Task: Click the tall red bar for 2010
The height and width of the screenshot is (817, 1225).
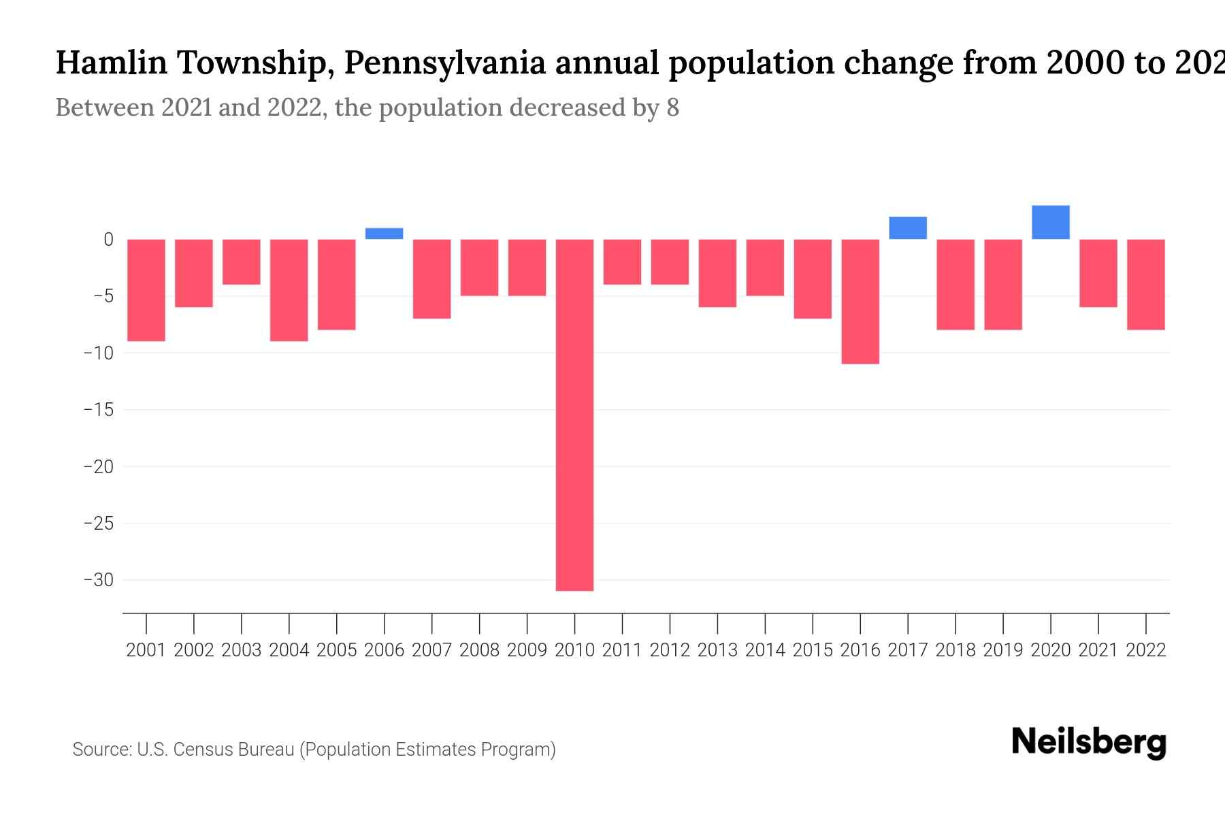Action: [574, 415]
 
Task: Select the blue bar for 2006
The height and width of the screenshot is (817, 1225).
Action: [385, 234]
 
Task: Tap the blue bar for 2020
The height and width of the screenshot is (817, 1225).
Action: [1050, 222]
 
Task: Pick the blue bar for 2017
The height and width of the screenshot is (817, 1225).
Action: [908, 228]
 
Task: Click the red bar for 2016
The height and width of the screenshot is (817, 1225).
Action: [860, 302]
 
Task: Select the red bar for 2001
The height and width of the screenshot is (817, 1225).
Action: [146, 290]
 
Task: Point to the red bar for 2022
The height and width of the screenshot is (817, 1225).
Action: [1145, 285]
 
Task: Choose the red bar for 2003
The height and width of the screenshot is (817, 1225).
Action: [242, 262]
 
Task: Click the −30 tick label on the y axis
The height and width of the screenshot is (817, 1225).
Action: [98, 580]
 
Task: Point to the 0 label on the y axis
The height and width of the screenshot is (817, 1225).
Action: [108, 240]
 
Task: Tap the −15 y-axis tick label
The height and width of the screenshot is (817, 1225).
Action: [98, 410]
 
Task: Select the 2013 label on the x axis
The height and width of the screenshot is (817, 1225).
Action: [717, 650]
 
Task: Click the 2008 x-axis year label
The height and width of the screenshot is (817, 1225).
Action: [479, 650]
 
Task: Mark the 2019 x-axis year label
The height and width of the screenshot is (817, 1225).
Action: [1002, 650]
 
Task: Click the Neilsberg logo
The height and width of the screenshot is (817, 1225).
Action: [1089, 742]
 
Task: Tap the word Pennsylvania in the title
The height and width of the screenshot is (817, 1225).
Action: [444, 63]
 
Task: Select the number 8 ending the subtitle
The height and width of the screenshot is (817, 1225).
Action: [672, 108]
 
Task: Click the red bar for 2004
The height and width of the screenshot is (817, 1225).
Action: [289, 290]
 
